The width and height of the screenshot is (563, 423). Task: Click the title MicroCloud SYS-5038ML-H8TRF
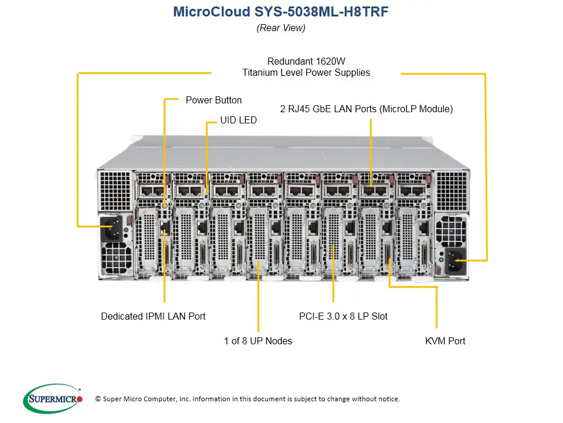pyautogui.click(x=281, y=12)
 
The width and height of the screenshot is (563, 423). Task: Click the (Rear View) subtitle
pyautogui.click(x=281, y=28)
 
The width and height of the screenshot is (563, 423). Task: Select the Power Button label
pyautogui.click(x=213, y=100)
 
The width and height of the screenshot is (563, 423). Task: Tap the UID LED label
pyautogui.click(x=238, y=120)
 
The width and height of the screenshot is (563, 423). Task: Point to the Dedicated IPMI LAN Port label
pyautogui.click(x=153, y=316)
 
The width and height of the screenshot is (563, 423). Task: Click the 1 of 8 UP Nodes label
pyautogui.click(x=257, y=341)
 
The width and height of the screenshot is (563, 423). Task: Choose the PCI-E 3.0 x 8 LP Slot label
pyautogui.click(x=343, y=316)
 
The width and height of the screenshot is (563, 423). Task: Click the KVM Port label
pyautogui.click(x=445, y=341)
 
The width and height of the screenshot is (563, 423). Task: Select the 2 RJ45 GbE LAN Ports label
pyautogui.click(x=366, y=109)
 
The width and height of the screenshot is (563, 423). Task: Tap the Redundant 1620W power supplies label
pyautogui.click(x=306, y=67)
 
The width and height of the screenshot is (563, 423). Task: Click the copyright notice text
pyautogui.click(x=247, y=399)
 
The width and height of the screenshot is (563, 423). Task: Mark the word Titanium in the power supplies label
pyautogui.click(x=262, y=73)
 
